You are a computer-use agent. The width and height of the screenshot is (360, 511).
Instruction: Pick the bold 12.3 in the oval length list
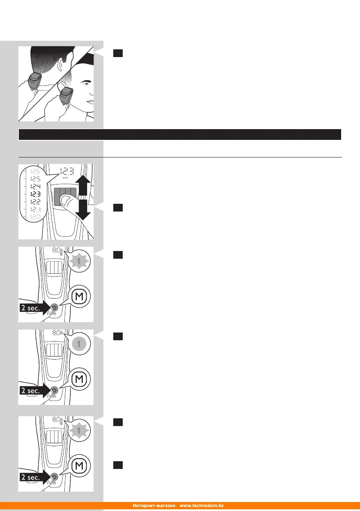point(33,194)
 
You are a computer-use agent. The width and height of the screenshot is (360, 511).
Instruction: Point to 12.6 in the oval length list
point(33,170)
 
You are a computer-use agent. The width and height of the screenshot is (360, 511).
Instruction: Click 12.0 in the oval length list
point(33,217)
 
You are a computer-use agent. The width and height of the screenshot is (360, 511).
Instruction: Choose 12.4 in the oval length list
point(33,186)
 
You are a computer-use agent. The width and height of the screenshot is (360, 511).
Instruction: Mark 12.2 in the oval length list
point(33,202)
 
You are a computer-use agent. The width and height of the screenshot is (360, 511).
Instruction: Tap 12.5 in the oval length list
point(33,178)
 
